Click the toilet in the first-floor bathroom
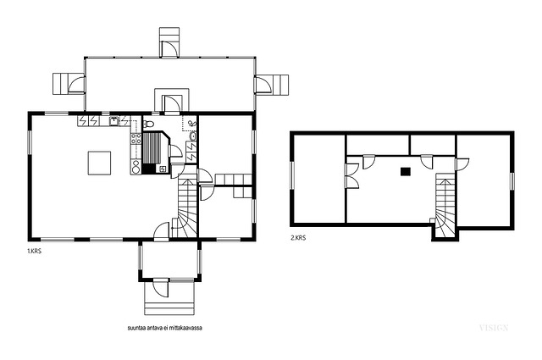[x=148, y=123]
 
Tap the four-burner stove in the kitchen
[x=135, y=139]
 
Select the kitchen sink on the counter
[x=114, y=120]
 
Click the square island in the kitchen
[x=99, y=163]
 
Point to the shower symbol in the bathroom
[x=192, y=123]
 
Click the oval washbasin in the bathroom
[x=192, y=136]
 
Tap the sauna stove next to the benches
[x=163, y=169]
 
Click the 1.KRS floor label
[x=34, y=252]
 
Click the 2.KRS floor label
[x=298, y=238]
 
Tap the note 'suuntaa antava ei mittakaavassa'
[x=165, y=328]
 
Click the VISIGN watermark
[x=494, y=328]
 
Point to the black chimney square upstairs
[x=406, y=171]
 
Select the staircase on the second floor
[x=445, y=206]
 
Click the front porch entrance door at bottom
[x=161, y=288]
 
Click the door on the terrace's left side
[x=77, y=85]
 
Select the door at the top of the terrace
[x=169, y=48]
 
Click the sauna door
[x=175, y=152]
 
